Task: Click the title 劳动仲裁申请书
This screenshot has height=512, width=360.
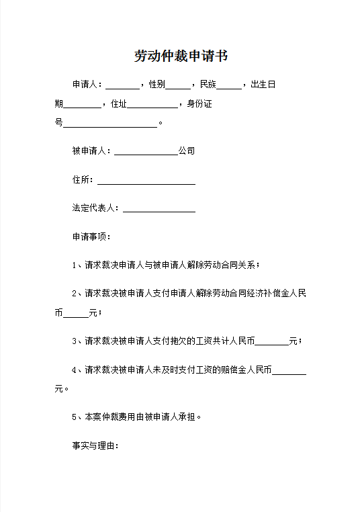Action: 181,56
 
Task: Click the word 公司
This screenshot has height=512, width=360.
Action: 186,151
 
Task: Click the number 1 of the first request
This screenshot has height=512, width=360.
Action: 75,265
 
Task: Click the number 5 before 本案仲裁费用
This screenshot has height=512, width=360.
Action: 75,417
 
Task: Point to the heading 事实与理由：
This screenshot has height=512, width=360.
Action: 95,445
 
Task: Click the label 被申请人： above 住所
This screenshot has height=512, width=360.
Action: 93,151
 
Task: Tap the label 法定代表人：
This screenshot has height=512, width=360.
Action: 97,208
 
